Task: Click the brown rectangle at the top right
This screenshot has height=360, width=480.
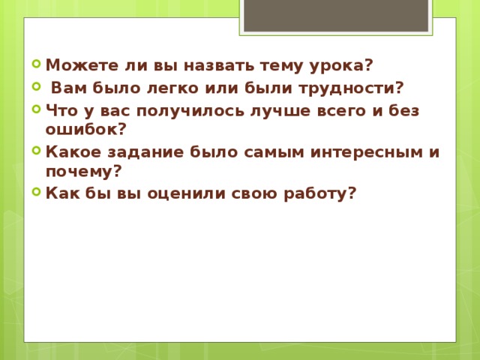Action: [336, 15]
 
